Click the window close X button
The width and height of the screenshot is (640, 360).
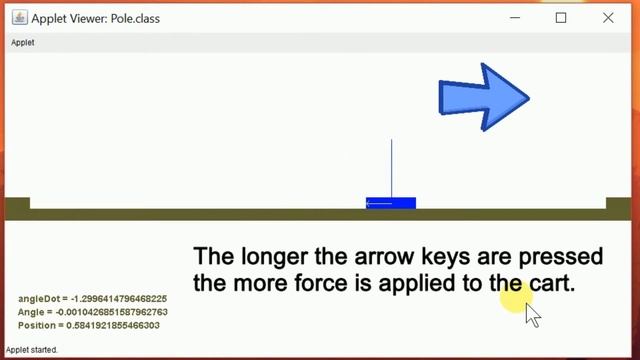point(608,18)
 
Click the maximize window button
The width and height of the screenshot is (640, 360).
point(561,18)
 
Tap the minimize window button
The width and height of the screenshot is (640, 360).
point(515,18)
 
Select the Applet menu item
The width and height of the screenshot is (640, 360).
point(22,43)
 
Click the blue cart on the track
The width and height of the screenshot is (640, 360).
point(391,203)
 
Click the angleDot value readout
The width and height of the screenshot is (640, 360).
point(92,299)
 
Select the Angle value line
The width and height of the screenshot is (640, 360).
point(92,312)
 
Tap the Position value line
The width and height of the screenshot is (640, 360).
point(89,326)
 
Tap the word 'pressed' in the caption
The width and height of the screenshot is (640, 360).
point(539,256)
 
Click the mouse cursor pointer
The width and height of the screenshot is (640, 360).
point(532,314)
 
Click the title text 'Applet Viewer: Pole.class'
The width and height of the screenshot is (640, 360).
point(95,18)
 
